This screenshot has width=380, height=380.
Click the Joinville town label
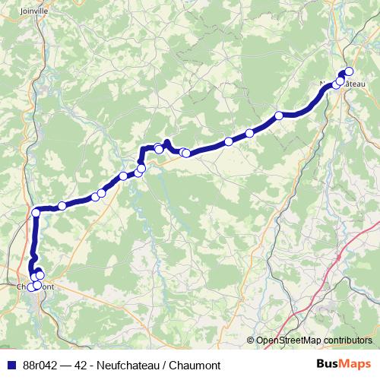coord(19,12)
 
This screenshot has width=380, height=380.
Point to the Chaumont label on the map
coord(35,287)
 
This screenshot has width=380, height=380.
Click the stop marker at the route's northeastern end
coord(350,72)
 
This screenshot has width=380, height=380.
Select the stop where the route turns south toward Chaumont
coord(35,213)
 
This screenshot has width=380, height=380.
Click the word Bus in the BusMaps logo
coord(328,365)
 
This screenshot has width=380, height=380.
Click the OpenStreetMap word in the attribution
coord(289,341)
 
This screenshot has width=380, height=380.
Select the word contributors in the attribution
coord(346,341)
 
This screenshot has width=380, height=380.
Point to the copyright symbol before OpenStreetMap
coord(251,341)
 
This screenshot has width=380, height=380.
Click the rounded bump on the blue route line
coord(166,143)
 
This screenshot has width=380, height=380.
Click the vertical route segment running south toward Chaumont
coord(33,243)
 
